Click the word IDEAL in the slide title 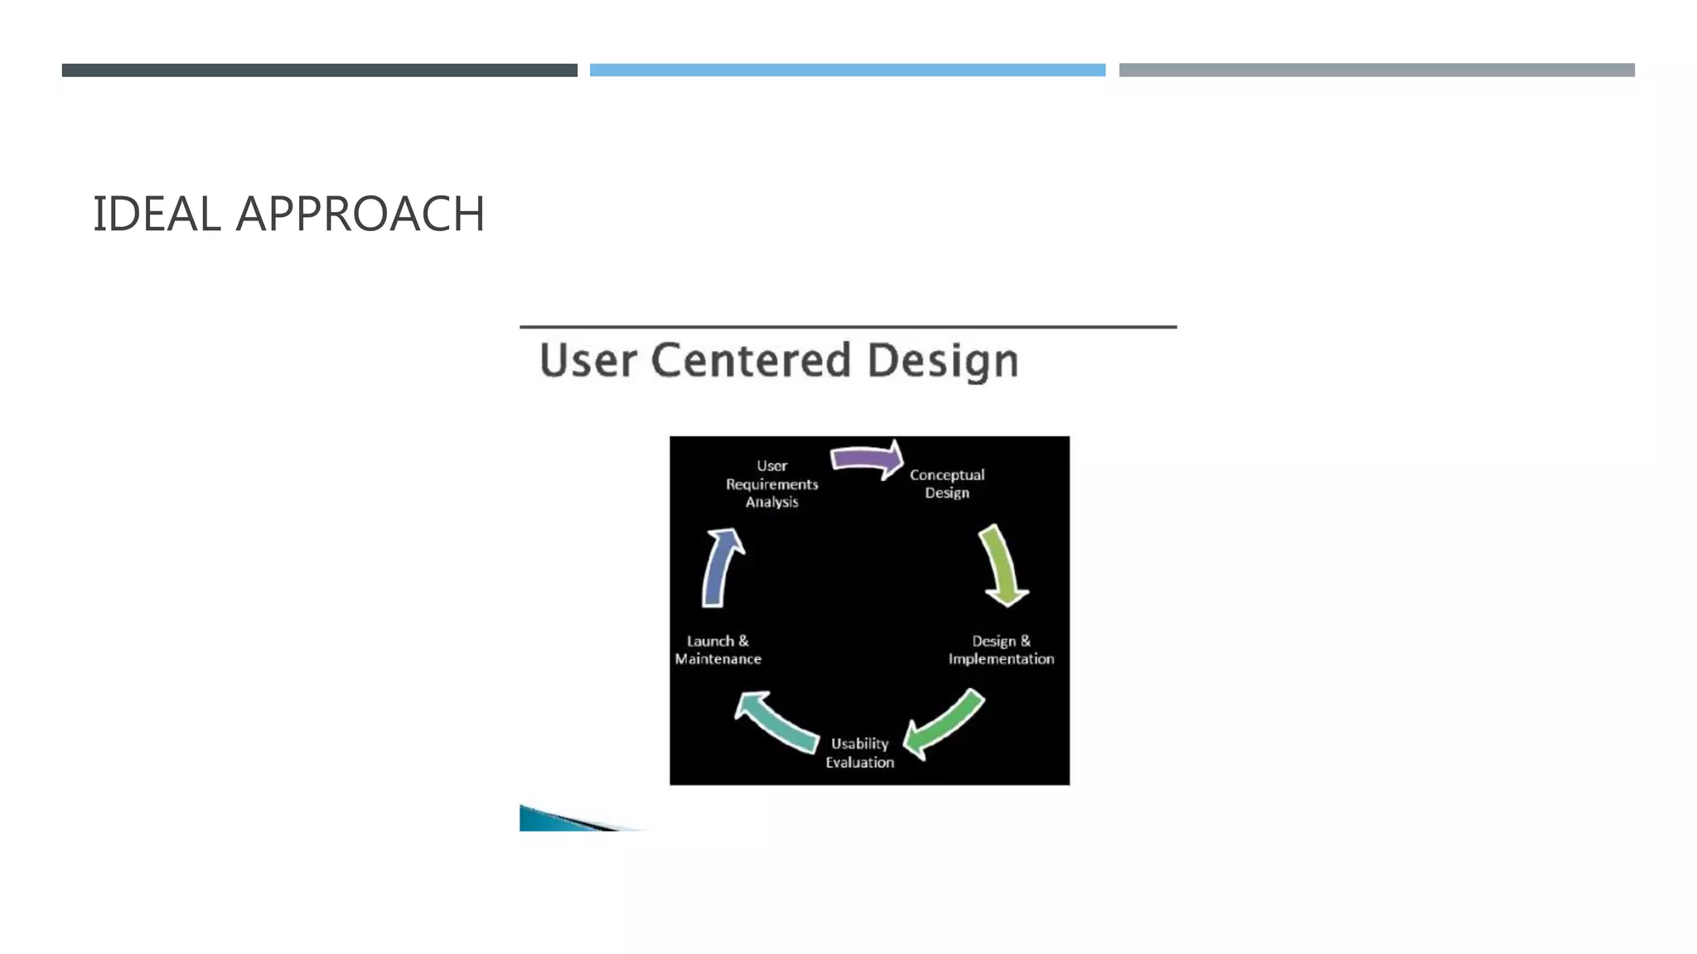click(x=157, y=214)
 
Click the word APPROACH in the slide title click(x=360, y=214)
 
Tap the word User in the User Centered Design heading click(x=588, y=361)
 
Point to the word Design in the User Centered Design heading click(x=943, y=362)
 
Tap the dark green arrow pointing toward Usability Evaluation click(x=945, y=724)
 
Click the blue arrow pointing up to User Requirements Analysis click(x=721, y=567)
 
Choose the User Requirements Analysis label click(x=771, y=484)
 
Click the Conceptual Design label click(x=947, y=484)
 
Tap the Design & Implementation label click(x=1001, y=650)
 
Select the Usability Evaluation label click(x=859, y=753)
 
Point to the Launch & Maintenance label click(x=718, y=650)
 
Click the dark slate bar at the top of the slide click(x=319, y=70)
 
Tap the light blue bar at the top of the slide click(x=847, y=70)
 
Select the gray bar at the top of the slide click(x=1376, y=70)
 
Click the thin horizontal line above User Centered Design click(x=848, y=327)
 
